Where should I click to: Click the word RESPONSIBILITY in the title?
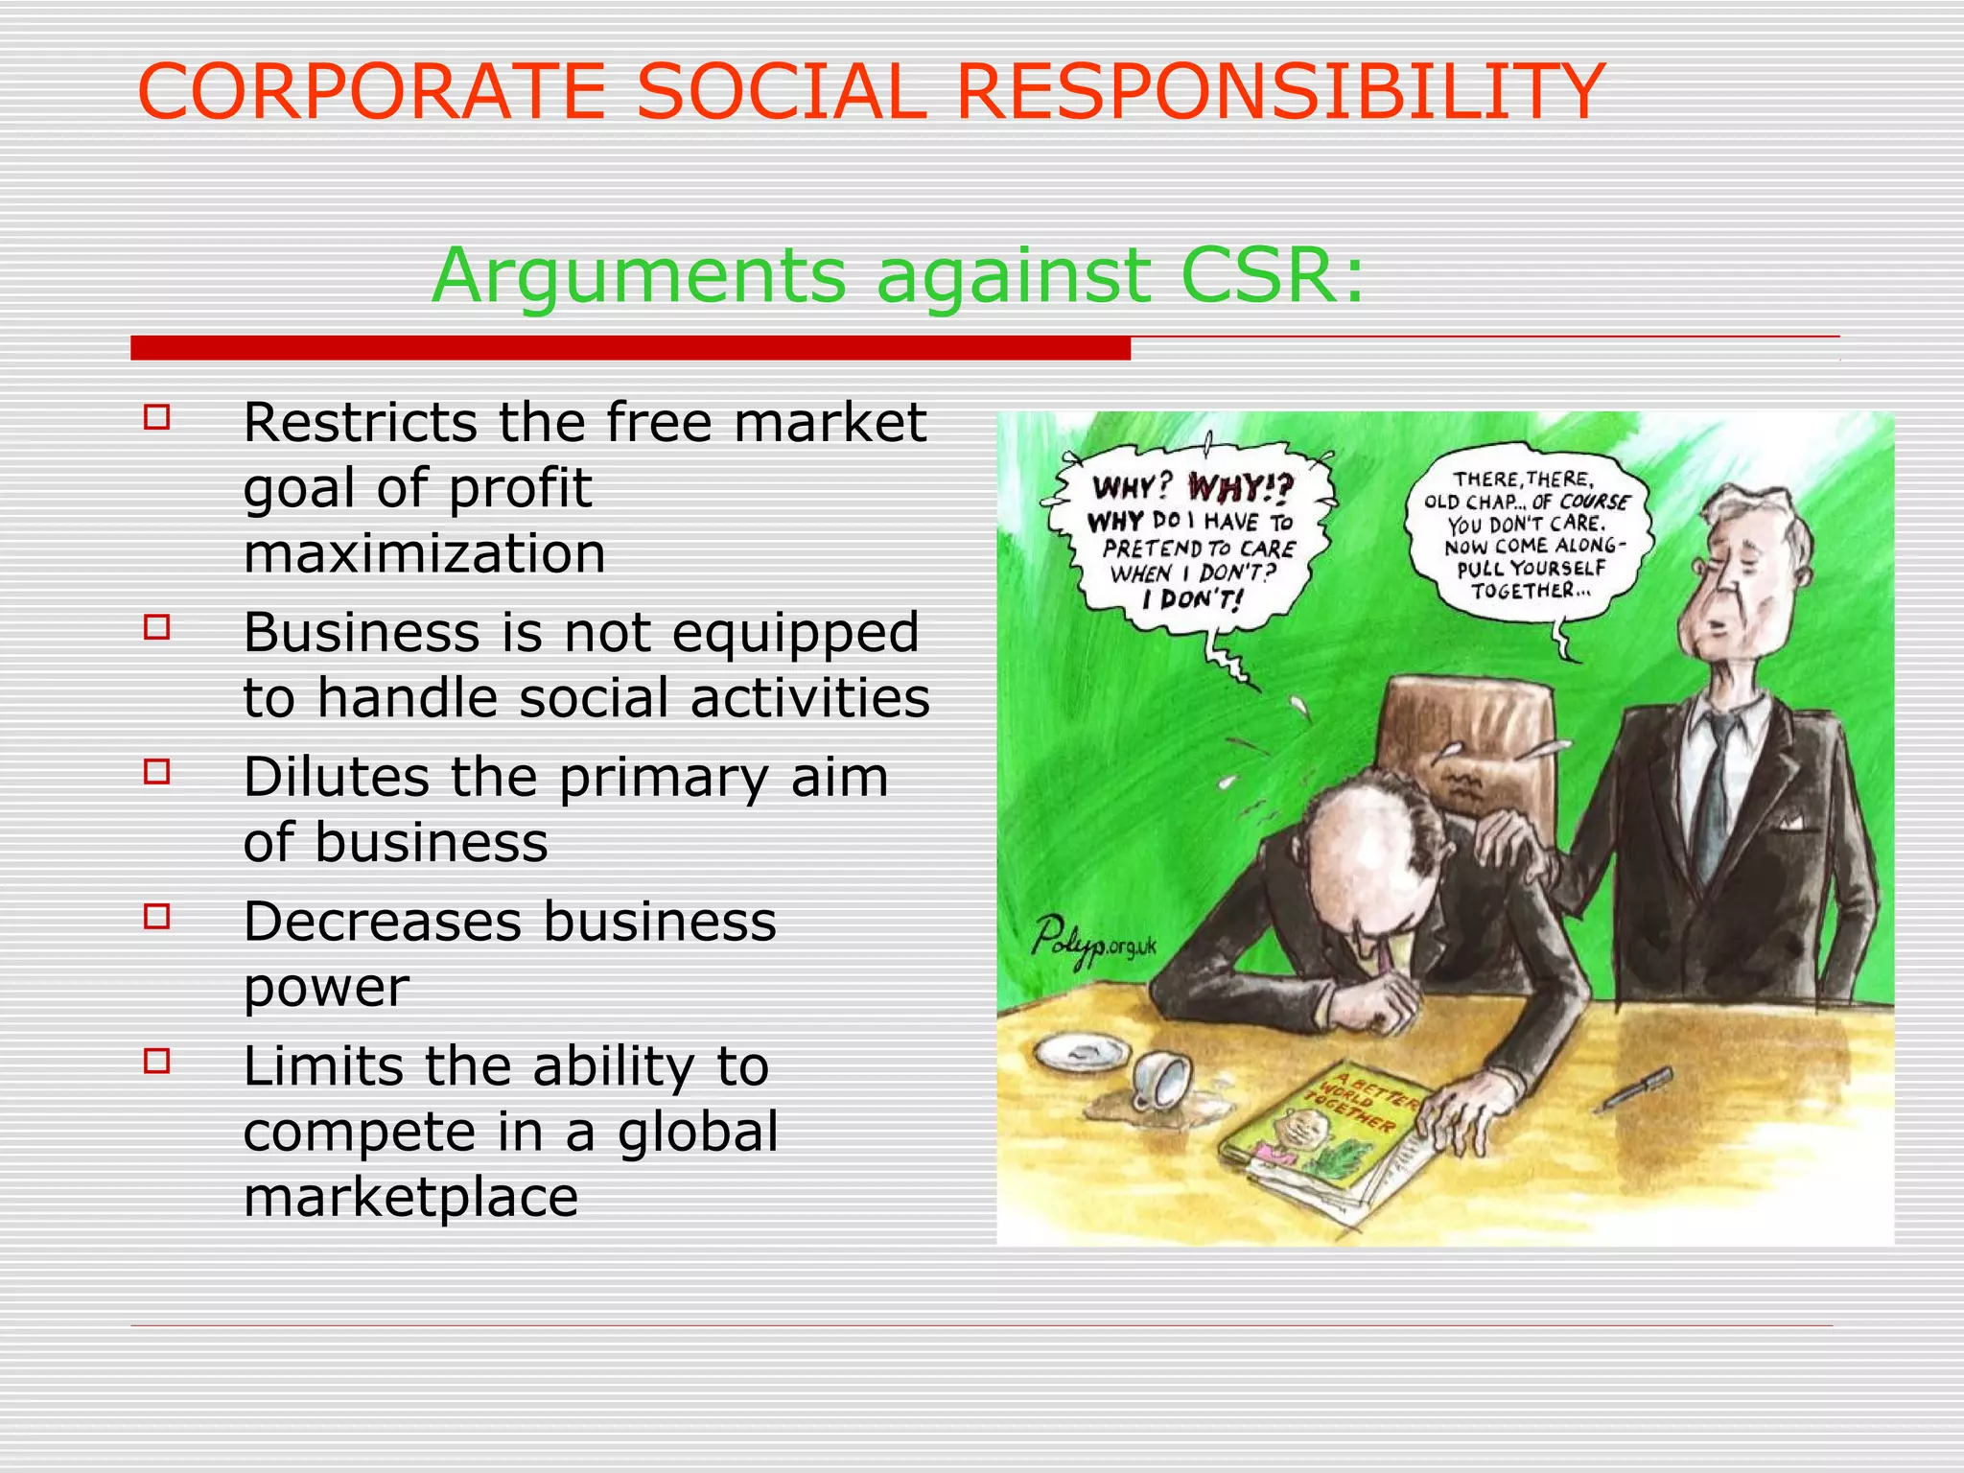(1280, 92)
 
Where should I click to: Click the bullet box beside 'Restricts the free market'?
(157, 418)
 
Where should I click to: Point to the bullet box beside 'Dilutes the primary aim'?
(157, 772)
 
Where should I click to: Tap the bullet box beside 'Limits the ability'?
(157, 1061)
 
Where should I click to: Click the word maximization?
(424, 553)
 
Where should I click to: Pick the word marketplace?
(410, 1197)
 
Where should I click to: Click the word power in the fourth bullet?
(326, 988)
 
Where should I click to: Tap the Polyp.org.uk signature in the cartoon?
(1093, 939)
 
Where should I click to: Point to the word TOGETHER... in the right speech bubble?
(1531, 592)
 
